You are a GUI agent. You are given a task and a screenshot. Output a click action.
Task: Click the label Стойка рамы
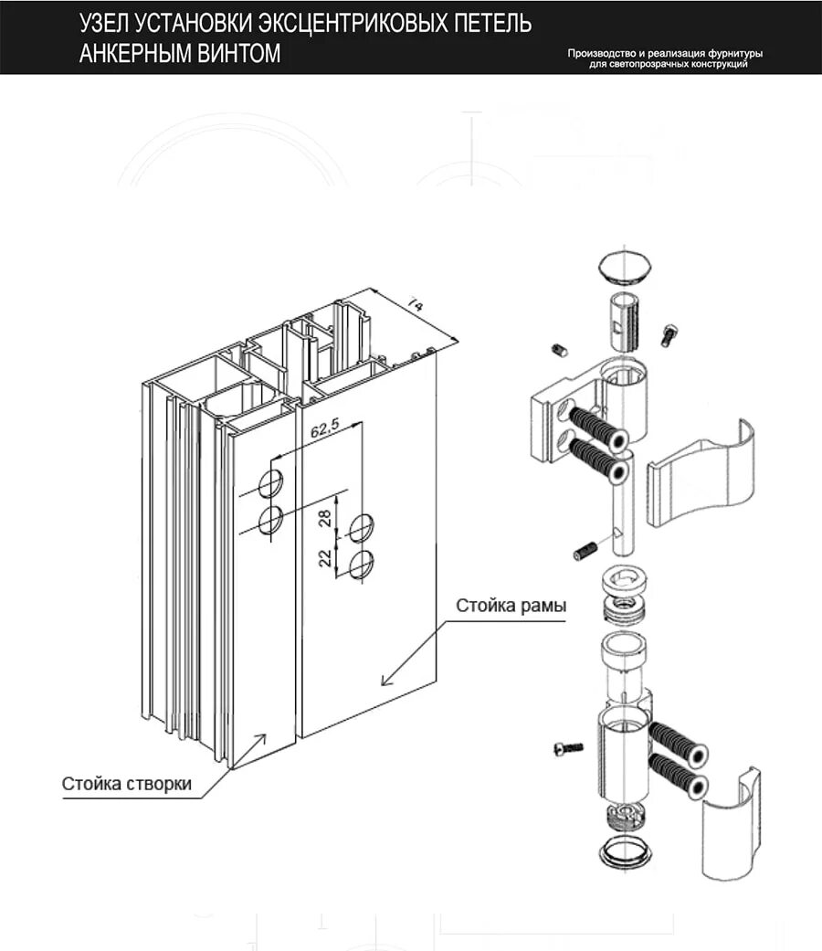(511, 606)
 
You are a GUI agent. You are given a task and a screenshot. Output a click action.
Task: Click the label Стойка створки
(127, 783)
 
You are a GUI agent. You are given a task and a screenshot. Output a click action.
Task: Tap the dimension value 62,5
(325, 430)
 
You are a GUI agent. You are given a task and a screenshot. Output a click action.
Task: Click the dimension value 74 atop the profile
(414, 304)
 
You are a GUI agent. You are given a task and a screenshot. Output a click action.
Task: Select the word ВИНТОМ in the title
(236, 54)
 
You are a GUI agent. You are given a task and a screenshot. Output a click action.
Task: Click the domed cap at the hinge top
(625, 266)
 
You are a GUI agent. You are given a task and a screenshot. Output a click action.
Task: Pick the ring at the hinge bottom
(625, 853)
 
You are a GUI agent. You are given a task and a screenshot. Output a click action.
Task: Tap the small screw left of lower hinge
(568, 749)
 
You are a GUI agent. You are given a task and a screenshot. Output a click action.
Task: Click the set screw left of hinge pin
(585, 551)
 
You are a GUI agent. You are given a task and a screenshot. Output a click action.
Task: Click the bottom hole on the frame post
(362, 565)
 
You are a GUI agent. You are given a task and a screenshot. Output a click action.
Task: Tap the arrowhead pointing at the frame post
(385, 679)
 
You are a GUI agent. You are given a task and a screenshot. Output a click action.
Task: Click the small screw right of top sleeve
(669, 334)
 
